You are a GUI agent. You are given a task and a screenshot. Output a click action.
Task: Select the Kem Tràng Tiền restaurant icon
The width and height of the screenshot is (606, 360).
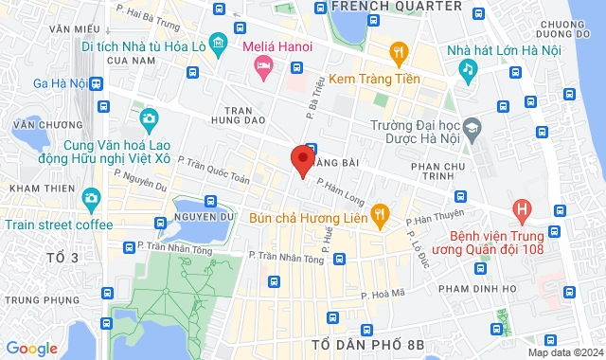point(400,52)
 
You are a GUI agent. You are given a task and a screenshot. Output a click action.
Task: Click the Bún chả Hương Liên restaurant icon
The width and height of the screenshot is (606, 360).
point(380,215)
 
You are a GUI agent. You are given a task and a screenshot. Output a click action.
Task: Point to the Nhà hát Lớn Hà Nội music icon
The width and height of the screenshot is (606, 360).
point(467,69)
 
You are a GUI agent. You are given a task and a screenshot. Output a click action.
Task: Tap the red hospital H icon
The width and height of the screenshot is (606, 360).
point(520,208)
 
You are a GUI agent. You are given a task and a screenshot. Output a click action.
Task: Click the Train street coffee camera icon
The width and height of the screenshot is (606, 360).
point(91,200)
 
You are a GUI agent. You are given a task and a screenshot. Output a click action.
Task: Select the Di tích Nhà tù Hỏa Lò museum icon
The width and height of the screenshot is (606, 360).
point(219,43)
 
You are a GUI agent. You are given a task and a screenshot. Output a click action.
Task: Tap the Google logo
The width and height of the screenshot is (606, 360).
point(30,348)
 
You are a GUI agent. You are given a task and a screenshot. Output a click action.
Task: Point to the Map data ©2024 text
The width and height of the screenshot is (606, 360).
point(564,352)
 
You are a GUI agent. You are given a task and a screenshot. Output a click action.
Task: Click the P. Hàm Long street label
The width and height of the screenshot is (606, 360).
point(340,192)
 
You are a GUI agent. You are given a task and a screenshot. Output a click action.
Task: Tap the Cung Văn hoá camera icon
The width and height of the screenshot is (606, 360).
point(149,118)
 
